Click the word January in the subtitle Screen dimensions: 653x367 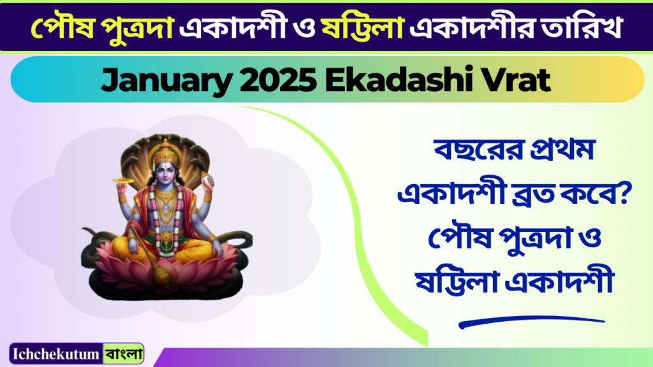(166, 80)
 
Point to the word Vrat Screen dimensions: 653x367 (516, 79)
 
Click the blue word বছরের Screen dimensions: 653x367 (478, 150)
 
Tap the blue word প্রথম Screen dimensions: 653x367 (562, 150)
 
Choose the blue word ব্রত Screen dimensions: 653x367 (532, 194)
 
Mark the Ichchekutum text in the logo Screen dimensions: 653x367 (56, 354)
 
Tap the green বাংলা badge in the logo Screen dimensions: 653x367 (123, 354)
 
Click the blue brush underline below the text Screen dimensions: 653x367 (531, 322)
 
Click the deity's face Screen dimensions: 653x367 (165, 173)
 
